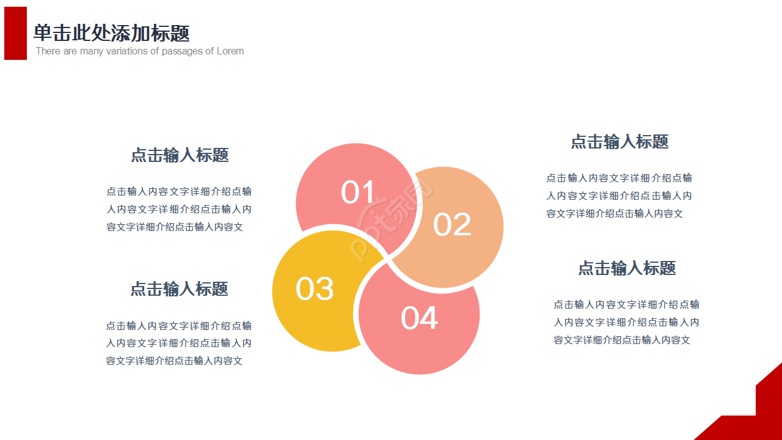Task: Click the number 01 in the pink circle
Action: (358, 193)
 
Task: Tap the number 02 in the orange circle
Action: (452, 225)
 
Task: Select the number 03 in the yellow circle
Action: (315, 289)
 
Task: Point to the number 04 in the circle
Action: (419, 318)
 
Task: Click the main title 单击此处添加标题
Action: (111, 33)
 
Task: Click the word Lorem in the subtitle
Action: (230, 51)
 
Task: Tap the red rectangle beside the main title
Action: (15, 33)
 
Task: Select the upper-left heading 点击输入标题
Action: (180, 155)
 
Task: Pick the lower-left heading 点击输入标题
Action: (179, 289)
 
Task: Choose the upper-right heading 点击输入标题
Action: (619, 142)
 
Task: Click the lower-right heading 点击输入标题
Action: (627, 268)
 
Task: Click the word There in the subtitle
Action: (48, 51)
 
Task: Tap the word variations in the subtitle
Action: (125, 51)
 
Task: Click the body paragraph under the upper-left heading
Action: (179, 209)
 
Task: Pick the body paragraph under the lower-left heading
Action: (178, 343)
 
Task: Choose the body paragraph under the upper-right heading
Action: (619, 196)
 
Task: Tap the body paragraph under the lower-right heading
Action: (626, 322)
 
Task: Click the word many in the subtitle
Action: (92, 51)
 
